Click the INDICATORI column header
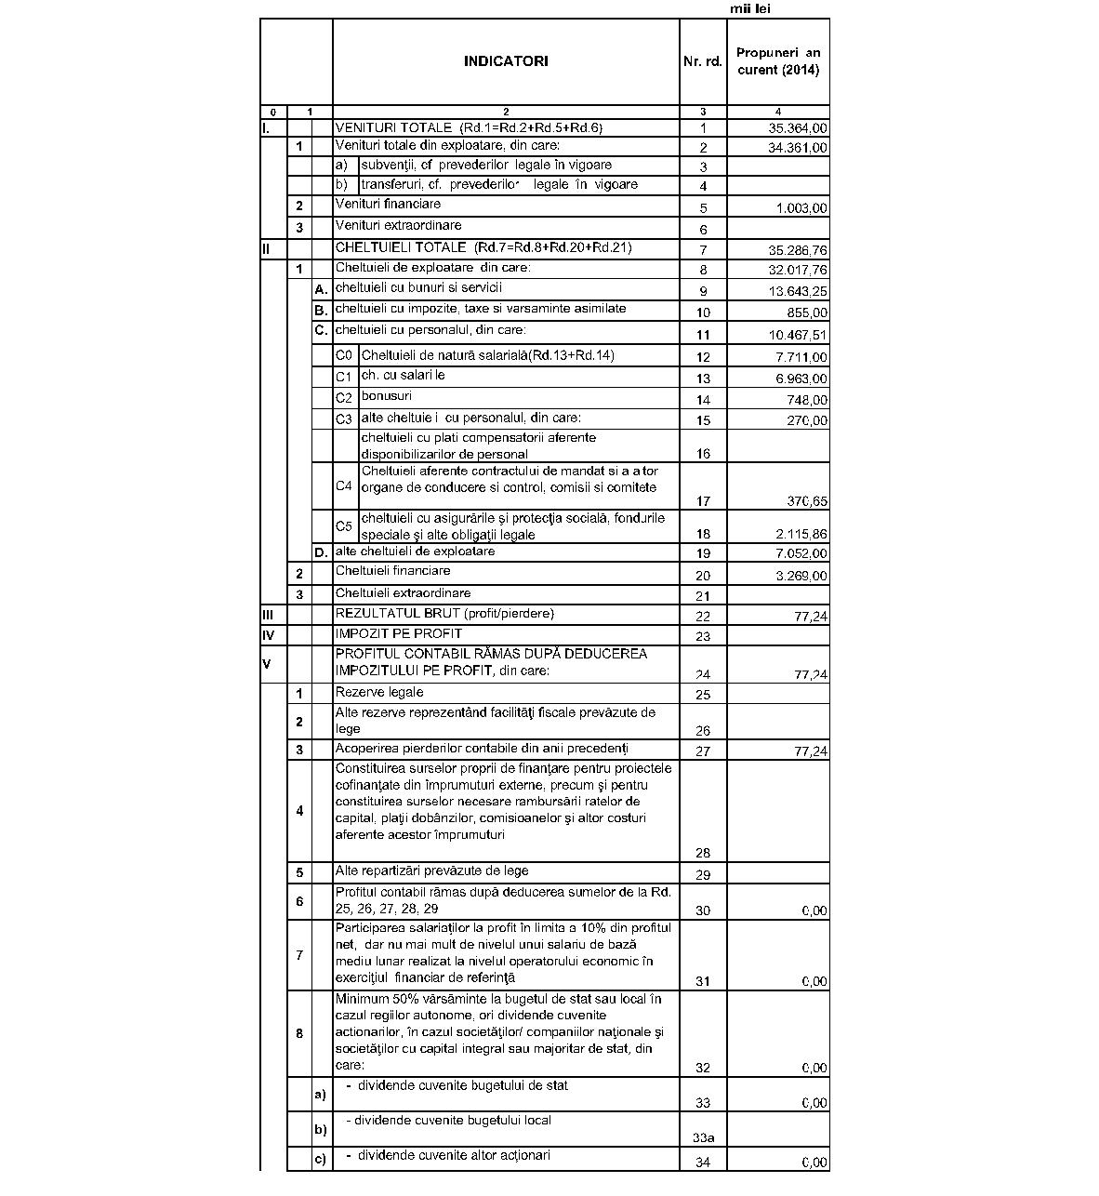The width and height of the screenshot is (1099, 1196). [506, 61]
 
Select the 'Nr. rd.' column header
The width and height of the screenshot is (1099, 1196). [702, 61]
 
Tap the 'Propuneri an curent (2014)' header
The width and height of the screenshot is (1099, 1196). [778, 61]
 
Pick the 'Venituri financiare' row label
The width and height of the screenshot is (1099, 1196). [388, 204]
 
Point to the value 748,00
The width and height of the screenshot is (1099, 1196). [806, 400]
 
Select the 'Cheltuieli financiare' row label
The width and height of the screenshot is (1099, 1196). [392, 571]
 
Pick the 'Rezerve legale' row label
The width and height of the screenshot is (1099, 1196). [379, 692]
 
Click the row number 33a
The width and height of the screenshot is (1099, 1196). [703, 1137]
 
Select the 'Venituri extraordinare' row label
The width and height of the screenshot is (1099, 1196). [398, 225]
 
